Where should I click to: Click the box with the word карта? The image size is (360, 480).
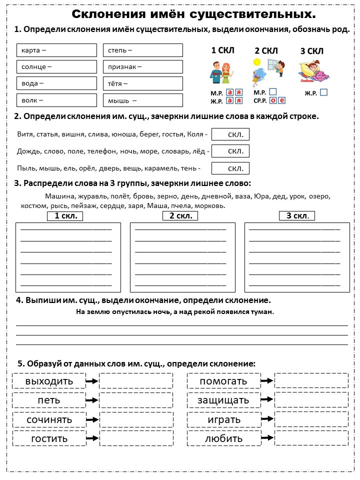pos(56,50)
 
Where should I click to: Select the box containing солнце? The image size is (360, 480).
pos(56,66)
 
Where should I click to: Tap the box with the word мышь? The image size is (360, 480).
pos(142,100)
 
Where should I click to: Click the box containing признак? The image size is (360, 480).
pos(142,66)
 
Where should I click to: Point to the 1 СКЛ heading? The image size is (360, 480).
pos(222,50)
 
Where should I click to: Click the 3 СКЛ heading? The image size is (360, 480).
pos(311,51)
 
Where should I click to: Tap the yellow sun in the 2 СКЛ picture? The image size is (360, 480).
pos(257,62)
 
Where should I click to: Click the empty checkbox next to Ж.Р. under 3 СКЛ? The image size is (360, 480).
pos(323,92)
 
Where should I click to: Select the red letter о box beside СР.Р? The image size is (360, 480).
pos(273,100)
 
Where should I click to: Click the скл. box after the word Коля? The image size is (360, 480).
pos(230,134)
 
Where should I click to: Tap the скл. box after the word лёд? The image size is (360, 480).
pos(230,151)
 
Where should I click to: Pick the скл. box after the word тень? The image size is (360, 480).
pos(230,168)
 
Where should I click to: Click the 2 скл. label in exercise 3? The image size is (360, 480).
pos(180,216)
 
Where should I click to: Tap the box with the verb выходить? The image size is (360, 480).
pos(49,381)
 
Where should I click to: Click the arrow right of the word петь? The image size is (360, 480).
pos(92,400)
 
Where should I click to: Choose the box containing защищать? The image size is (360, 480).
pos(223,400)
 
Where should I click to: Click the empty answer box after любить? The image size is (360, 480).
pos(311,438)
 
